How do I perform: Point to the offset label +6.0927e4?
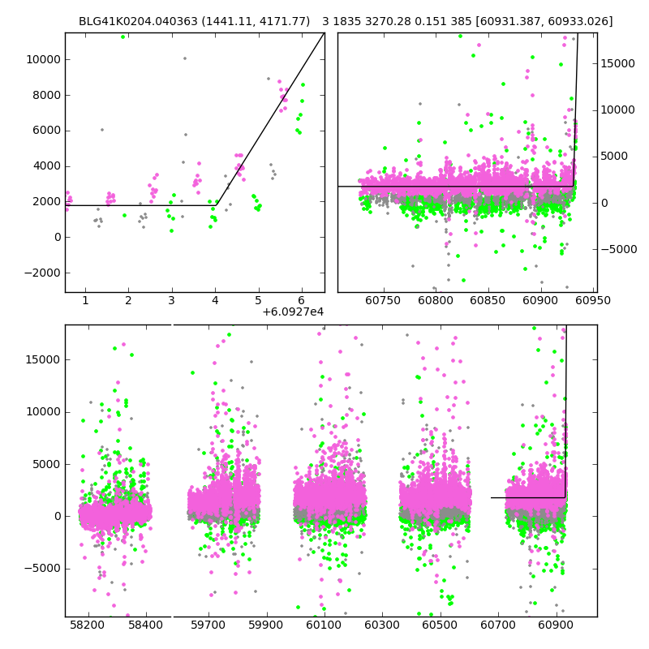point(293,312)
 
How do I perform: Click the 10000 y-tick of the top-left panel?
point(42,60)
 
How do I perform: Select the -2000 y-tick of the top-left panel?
point(42,273)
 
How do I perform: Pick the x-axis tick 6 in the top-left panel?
point(301,300)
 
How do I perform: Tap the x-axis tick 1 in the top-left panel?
point(85,300)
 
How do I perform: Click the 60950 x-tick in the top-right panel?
point(593,300)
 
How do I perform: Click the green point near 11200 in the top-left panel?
point(123,37)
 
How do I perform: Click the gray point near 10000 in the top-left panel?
point(184,58)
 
